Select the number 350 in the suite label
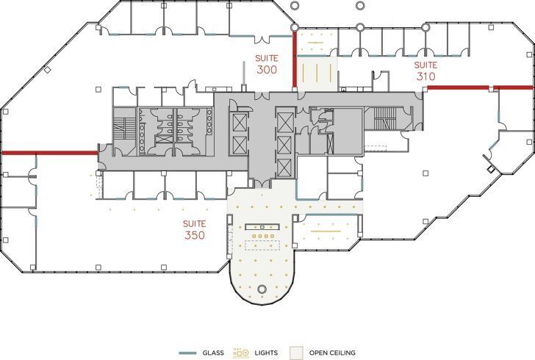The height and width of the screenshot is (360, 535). [195, 236]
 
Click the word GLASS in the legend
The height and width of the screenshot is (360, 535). [213, 353]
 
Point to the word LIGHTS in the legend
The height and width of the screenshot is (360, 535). [267, 353]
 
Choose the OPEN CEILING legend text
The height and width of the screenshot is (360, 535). [332, 353]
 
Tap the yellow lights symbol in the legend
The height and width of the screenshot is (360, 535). [241, 353]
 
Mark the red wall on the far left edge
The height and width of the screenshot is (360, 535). [49, 153]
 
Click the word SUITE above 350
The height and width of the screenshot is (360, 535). [195, 223]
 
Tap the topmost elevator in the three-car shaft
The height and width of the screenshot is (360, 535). [284, 120]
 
